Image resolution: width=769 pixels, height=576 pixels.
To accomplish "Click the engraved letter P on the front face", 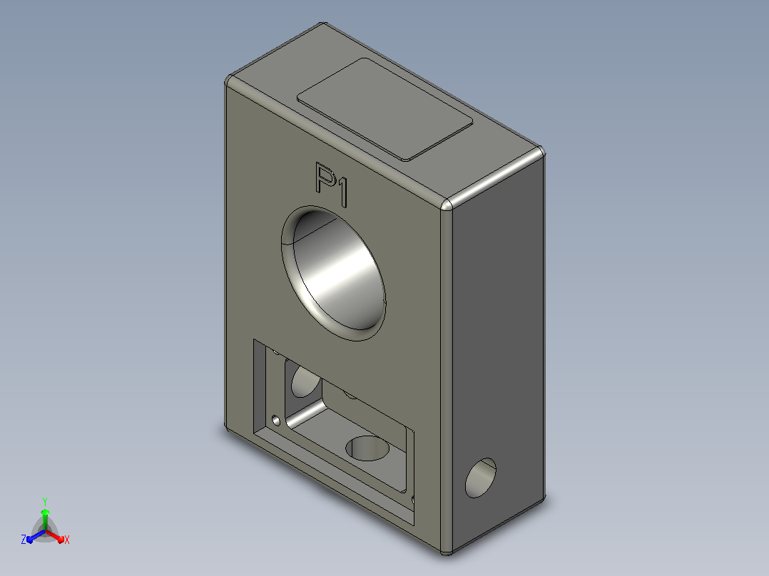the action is [324, 178].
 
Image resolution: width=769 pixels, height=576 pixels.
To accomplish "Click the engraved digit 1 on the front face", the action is [341, 192].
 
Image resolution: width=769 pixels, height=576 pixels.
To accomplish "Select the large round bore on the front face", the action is [334, 274].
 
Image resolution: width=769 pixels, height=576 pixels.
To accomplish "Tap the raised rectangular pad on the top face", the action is [385, 109].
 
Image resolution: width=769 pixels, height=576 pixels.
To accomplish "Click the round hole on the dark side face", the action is [481, 478].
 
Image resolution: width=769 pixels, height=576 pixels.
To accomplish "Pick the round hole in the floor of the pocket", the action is [367, 448].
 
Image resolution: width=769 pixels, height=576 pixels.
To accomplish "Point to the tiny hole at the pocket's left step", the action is [276, 421].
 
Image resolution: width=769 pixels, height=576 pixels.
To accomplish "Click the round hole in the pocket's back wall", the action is [305, 381].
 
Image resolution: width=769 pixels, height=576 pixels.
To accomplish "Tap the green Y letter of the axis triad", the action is [45, 501].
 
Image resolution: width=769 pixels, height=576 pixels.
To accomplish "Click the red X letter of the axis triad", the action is [67, 540].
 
